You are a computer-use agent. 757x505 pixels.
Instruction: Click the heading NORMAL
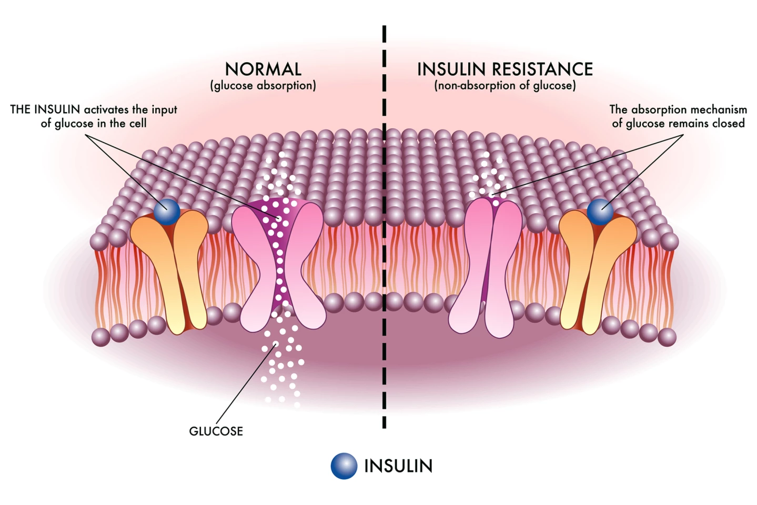(x=263, y=69)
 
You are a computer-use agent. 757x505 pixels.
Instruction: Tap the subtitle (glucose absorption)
(x=263, y=86)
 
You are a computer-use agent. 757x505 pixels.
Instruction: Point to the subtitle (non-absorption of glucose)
(x=505, y=86)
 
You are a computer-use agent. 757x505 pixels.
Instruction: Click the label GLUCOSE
(x=216, y=431)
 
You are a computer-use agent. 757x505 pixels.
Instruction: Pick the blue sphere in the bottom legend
(x=344, y=466)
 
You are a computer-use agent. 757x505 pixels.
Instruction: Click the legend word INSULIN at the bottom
(x=398, y=466)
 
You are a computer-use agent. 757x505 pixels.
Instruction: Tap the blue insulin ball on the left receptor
(x=167, y=211)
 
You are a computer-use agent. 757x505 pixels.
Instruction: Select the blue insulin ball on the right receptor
(x=600, y=211)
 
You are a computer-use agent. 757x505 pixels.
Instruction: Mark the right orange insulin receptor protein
(x=597, y=271)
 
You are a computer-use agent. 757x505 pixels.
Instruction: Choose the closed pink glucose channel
(x=487, y=268)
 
